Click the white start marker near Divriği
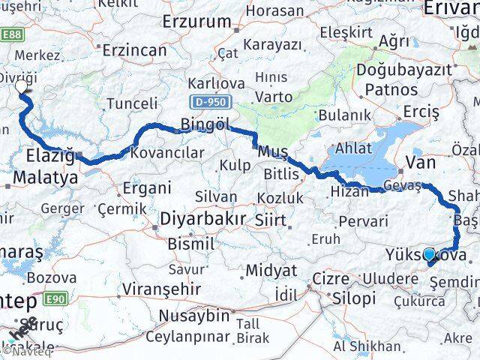click(21, 87)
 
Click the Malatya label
click(42, 178)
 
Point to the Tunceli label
click(133, 103)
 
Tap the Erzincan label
click(134, 50)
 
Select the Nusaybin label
click(193, 315)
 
